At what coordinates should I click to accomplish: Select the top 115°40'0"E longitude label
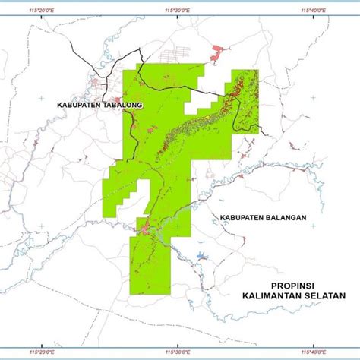coord(313,10)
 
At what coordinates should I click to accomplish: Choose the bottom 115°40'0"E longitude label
coord(313,352)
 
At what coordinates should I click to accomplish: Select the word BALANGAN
coord(281,217)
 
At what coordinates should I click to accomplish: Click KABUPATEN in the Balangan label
coord(238,217)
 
